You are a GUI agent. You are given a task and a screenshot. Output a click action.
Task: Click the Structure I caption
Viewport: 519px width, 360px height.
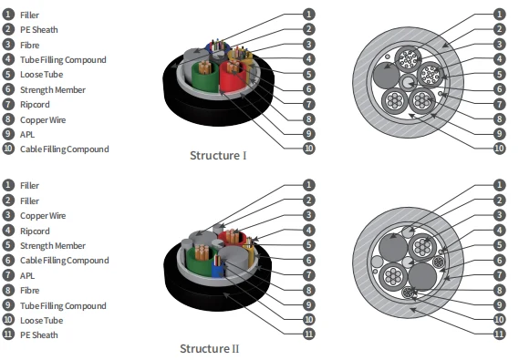tap(218, 155)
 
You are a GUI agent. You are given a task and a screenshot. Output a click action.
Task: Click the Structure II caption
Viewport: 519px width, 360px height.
tap(209, 348)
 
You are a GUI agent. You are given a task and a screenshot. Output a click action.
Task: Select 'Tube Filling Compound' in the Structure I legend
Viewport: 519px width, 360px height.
tap(63, 60)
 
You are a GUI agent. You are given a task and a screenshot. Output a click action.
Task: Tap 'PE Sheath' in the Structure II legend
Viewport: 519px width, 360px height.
tap(39, 334)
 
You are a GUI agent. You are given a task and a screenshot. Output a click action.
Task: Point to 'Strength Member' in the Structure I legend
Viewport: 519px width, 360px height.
tap(53, 90)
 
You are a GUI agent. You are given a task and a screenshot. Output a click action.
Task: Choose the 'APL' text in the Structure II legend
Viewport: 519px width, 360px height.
tap(27, 275)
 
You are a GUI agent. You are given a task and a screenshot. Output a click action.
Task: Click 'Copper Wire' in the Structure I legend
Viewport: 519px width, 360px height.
tap(43, 119)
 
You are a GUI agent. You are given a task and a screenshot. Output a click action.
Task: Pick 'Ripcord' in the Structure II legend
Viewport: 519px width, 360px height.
tap(35, 231)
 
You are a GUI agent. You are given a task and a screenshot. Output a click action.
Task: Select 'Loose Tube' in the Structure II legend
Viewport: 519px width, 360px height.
tap(42, 320)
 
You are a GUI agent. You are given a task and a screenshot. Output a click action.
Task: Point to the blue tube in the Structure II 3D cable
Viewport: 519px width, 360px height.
tap(218, 268)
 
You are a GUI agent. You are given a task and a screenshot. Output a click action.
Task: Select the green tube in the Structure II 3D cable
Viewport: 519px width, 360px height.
tap(199, 262)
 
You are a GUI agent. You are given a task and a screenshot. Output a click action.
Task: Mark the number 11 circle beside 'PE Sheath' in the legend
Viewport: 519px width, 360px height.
tap(8, 334)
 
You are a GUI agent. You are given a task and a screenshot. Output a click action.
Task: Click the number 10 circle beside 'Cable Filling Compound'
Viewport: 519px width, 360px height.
tap(8, 149)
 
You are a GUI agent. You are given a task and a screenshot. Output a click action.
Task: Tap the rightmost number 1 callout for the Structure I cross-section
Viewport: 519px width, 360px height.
tap(499, 15)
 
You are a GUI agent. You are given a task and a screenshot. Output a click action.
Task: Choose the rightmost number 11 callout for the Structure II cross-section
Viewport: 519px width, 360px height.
tap(499, 334)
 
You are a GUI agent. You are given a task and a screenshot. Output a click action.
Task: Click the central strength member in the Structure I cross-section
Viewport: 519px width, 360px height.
tap(408, 82)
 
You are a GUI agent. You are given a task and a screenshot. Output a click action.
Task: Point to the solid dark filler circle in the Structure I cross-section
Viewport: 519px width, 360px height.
tap(386, 75)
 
